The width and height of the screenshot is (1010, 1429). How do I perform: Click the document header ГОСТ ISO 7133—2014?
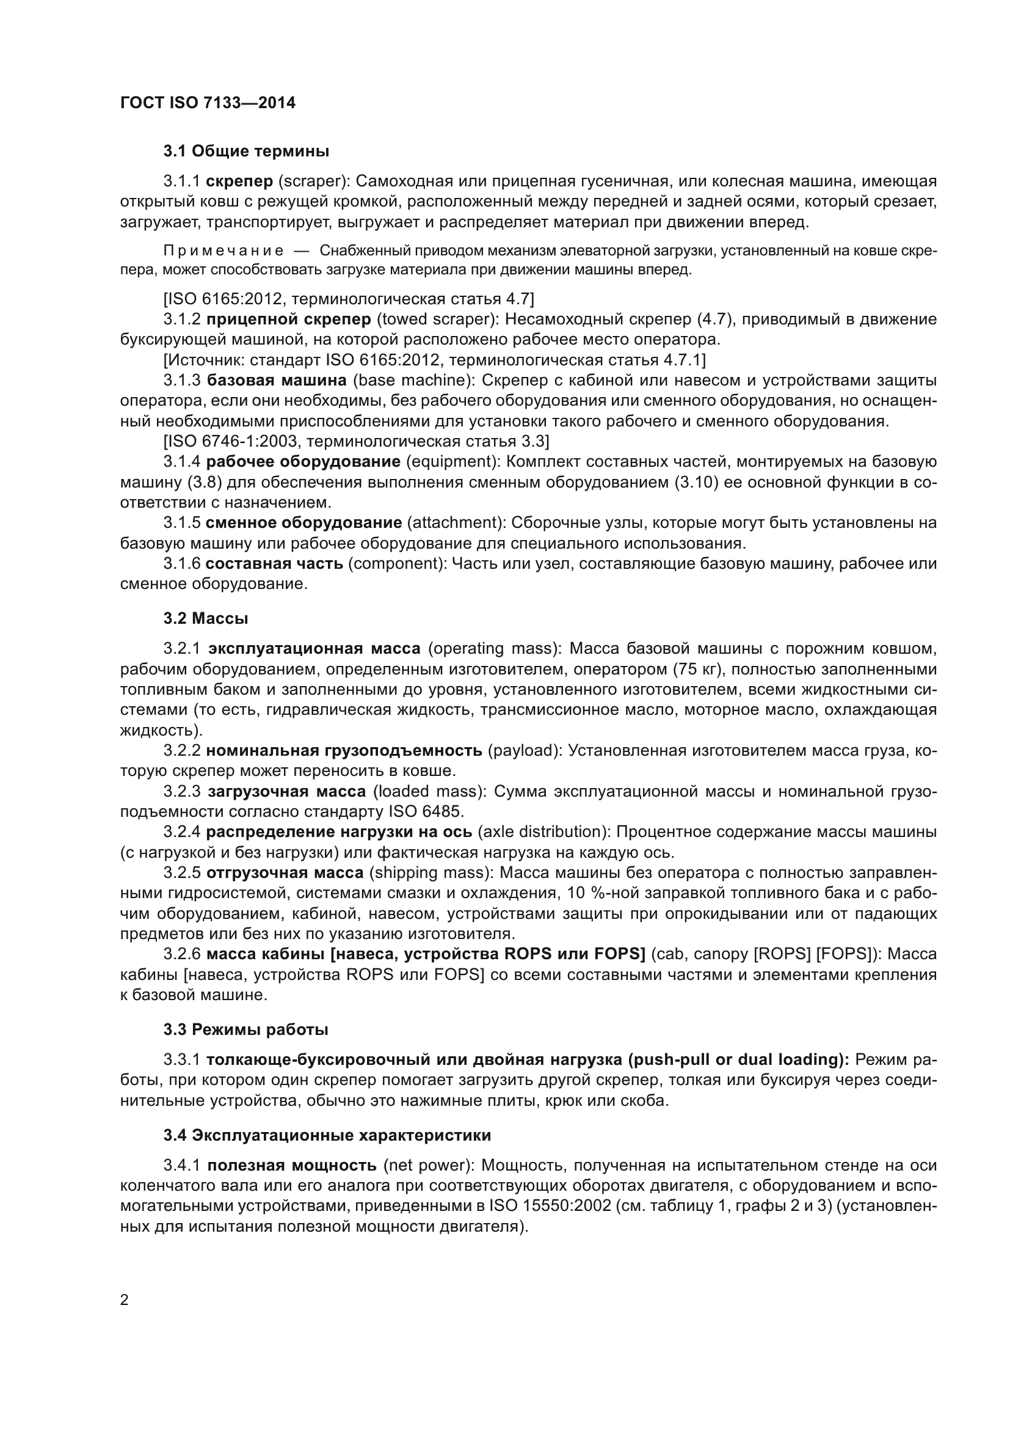(208, 103)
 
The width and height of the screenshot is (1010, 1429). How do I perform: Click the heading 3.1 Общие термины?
(246, 152)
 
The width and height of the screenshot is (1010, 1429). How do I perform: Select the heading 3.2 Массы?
(206, 619)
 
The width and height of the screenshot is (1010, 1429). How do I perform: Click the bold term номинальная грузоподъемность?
(344, 751)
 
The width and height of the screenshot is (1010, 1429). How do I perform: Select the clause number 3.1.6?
(181, 564)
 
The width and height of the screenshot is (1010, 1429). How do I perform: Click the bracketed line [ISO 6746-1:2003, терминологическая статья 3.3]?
(357, 441)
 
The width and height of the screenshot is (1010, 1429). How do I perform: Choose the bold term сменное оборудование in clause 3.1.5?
(303, 523)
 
